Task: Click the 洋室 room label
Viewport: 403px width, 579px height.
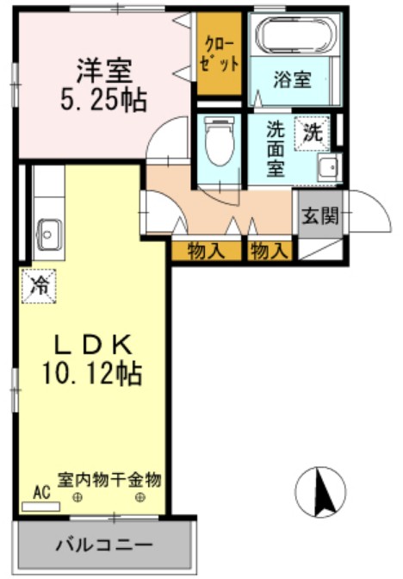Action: tap(102, 67)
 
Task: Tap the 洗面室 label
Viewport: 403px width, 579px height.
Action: tap(276, 148)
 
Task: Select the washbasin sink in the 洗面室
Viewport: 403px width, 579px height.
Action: tap(326, 167)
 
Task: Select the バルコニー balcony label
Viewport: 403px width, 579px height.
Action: tap(104, 545)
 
